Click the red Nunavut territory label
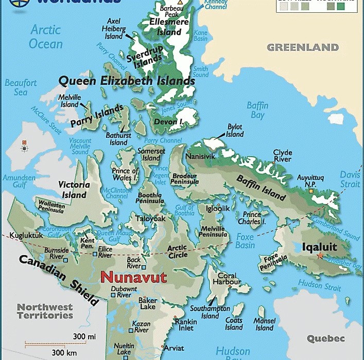coord(133,278)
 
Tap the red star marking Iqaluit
coord(320,256)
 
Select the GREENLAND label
coord(303,47)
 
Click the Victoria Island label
coord(74,190)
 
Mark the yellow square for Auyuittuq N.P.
coord(310,191)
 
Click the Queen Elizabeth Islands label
coord(126,81)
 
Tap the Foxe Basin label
coord(246,241)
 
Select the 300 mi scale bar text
coord(84,336)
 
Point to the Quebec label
coord(325,338)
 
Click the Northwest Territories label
coord(45,311)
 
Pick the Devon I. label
coord(168,122)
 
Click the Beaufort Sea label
coord(21,87)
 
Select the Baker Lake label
coord(147,303)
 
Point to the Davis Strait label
coord(350,179)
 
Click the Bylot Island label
coord(235,131)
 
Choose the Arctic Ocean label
coord(46,36)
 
